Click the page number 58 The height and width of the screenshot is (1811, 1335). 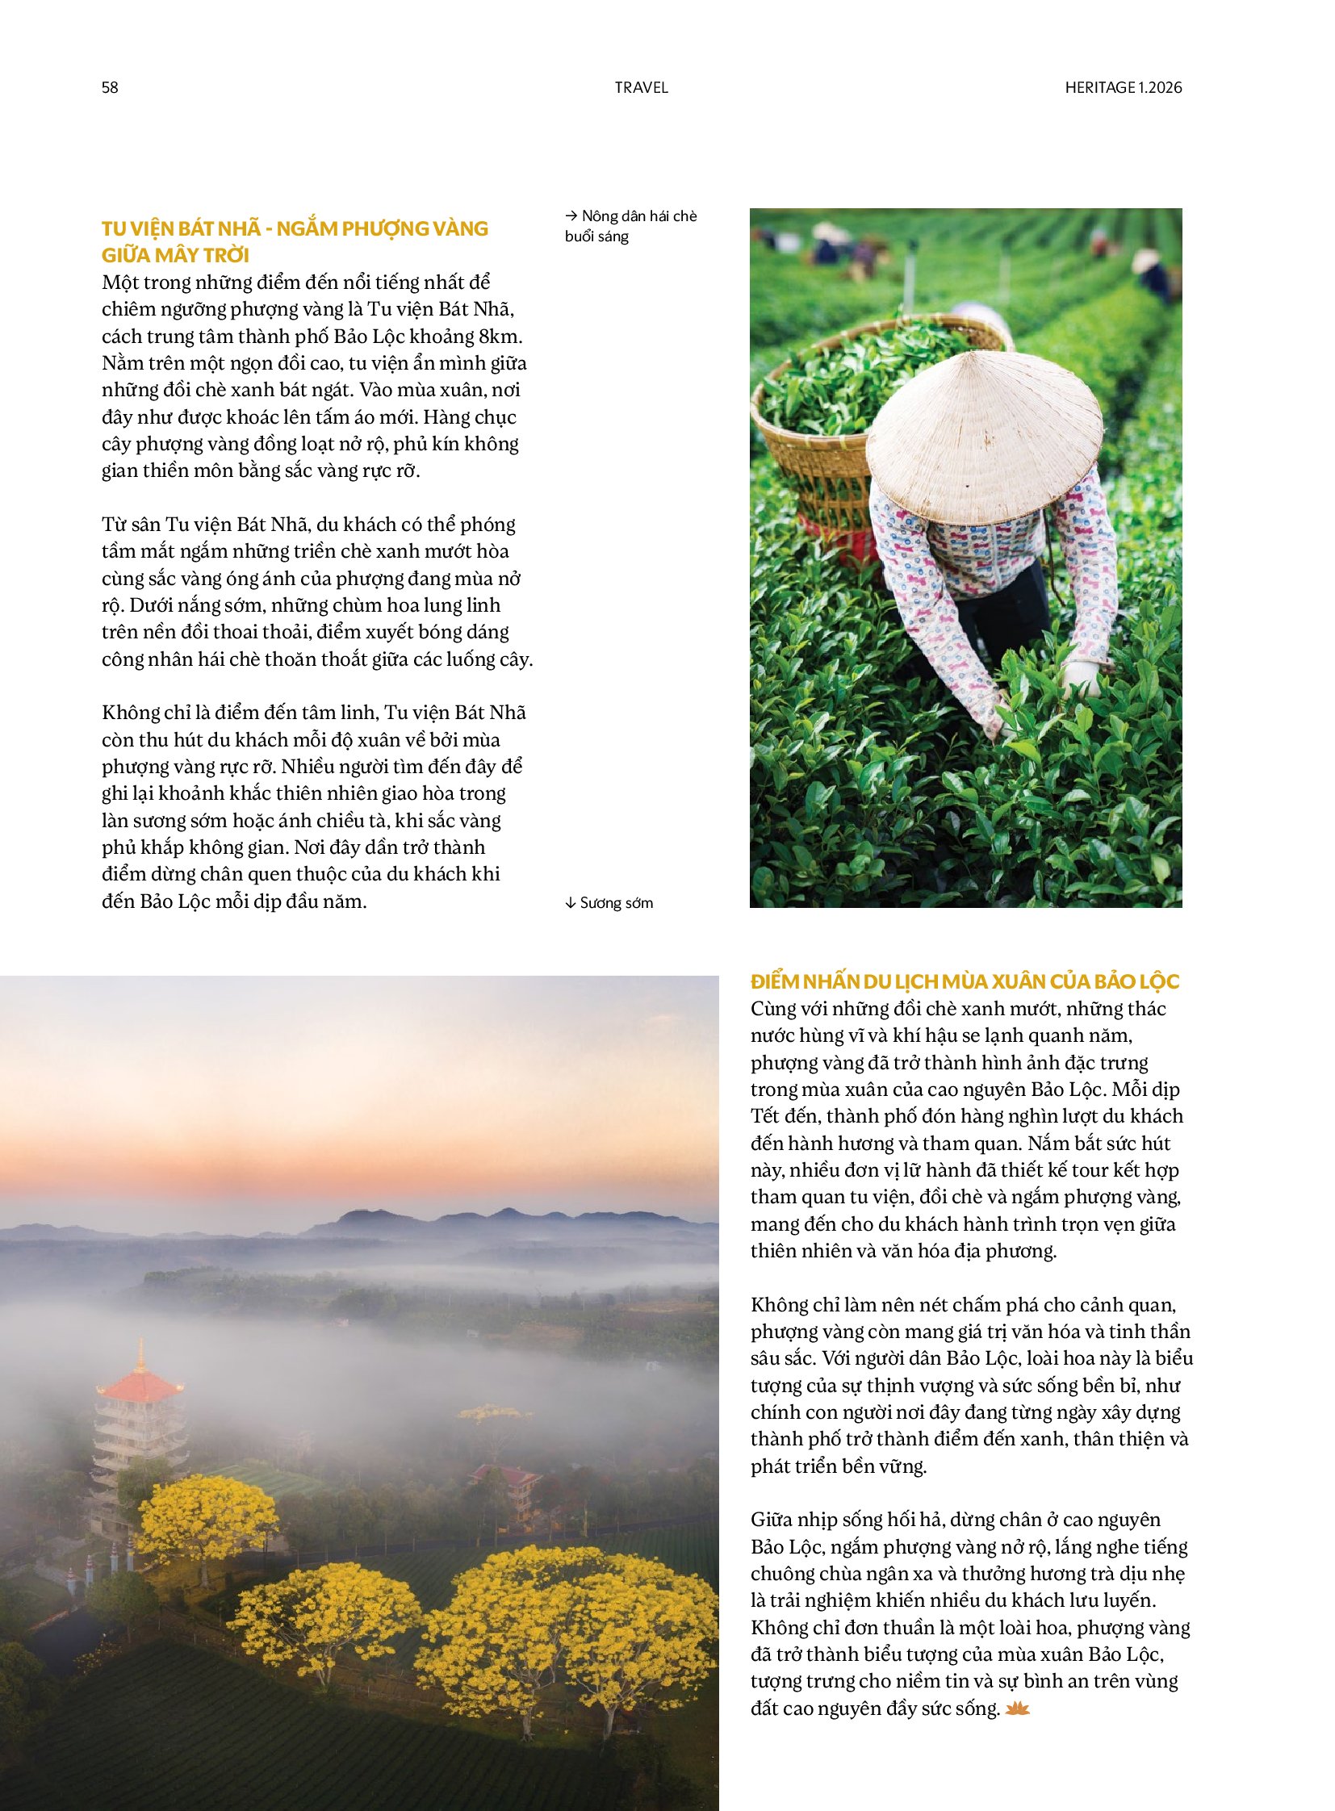[110, 87]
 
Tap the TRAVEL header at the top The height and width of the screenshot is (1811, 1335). [641, 87]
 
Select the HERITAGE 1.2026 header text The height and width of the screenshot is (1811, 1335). [1123, 87]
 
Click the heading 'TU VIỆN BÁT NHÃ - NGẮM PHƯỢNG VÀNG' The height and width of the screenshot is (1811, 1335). [295, 228]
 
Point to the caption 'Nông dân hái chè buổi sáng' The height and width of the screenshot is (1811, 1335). [630, 226]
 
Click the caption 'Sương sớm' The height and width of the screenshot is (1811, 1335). [616, 902]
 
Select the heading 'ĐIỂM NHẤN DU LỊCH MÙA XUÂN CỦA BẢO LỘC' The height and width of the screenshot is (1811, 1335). [964, 981]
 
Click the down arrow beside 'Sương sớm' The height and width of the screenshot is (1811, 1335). [570, 902]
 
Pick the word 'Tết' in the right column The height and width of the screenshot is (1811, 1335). [764, 1116]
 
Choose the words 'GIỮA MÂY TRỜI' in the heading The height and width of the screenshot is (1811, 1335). [175, 255]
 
